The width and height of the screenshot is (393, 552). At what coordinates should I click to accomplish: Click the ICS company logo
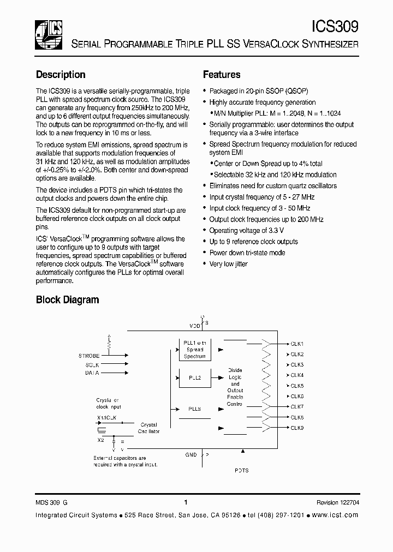(x=49, y=34)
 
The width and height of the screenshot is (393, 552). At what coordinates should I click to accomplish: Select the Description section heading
(x=61, y=75)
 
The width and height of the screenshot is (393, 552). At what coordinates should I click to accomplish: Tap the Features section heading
(x=222, y=75)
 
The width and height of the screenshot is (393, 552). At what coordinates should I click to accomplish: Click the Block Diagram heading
(x=67, y=299)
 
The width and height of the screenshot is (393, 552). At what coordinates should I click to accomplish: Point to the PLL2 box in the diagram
(x=194, y=377)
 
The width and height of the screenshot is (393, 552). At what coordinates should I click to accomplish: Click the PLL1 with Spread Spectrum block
(x=194, y=350)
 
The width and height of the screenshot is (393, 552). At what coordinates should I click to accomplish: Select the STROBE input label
(x=89, y=356)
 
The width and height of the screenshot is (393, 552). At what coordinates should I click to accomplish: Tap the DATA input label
(x=92, y=373)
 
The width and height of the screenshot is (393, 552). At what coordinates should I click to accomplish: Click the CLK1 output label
(x=297, y=344)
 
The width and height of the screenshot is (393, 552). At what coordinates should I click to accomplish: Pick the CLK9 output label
(x=297, y=428)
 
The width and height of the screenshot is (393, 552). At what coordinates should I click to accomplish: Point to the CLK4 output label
(x=297, y=375)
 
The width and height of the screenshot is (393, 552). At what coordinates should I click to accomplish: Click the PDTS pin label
(x=242, y=470)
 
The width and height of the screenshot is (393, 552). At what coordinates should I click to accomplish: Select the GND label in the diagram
(x=190, y=454)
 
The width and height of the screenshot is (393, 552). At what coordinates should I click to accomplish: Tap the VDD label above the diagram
(x=194, y=326)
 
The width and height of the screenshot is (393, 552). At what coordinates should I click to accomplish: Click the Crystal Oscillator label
(x=149, y=428)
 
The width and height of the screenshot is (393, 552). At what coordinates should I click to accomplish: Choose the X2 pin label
(x=100, y=439)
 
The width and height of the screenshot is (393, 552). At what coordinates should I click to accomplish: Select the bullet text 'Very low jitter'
(x=228, y=264)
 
